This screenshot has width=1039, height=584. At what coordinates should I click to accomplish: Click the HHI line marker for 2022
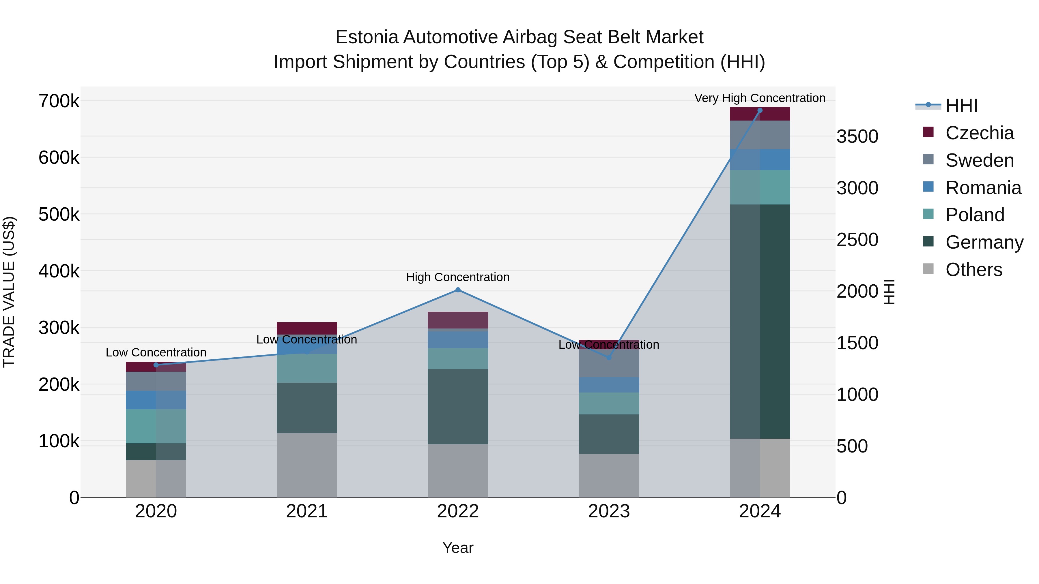click(x=458, y=290)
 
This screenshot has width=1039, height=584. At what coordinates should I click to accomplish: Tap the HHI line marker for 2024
click(x=760, y=110)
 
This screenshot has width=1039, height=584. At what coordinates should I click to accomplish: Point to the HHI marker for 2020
click(x=156, y=365)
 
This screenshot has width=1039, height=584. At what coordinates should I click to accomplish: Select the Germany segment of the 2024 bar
click(x=760, y=321)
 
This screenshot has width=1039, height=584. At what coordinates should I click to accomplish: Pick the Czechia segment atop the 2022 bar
click(x=458, y=320)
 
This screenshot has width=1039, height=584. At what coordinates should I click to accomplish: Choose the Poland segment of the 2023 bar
click(x=609, y=403)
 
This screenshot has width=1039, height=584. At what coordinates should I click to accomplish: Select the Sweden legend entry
click(x=979, y=160)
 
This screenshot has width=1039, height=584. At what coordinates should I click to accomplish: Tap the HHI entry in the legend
click(x=961, y=106)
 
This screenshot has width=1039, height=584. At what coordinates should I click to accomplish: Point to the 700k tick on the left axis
click(x=59, y=101)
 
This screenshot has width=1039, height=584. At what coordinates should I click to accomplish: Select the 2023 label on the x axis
click(x=609, y=511)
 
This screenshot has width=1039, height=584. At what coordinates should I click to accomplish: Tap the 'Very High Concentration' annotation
click(x=760, y=98)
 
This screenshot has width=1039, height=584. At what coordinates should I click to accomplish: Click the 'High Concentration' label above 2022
click(x=458, y=277)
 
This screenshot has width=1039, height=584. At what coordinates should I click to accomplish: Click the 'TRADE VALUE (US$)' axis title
click(x=9, y=292)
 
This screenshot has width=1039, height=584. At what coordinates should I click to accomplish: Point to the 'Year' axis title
click(x=458, y=548)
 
